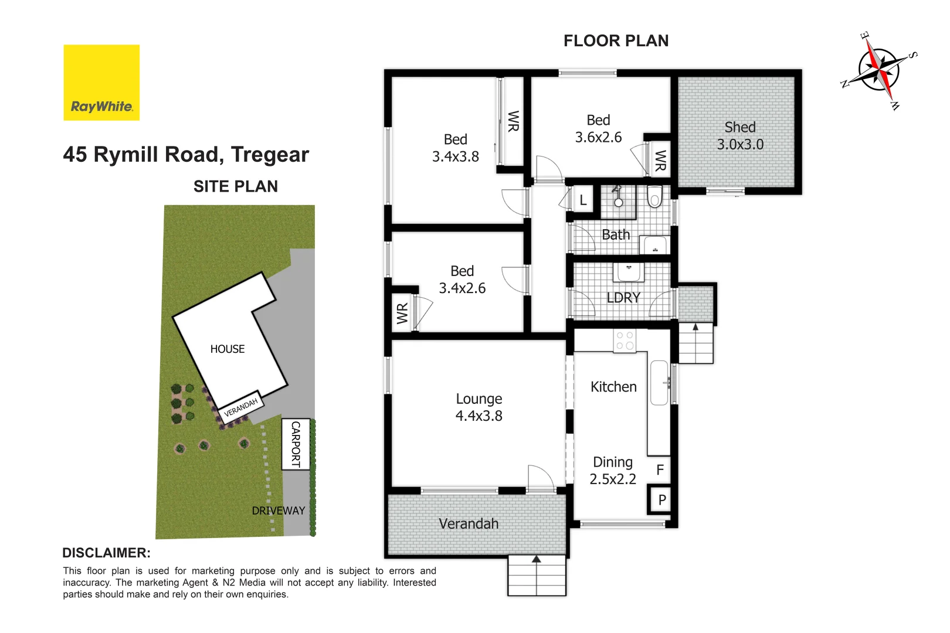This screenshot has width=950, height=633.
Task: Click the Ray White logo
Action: pos(101,83)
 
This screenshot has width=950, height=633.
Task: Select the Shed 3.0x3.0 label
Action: pos(740,136)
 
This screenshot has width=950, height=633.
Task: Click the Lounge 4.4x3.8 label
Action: pos(479,407)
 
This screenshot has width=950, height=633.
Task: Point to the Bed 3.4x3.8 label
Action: pos(455,148)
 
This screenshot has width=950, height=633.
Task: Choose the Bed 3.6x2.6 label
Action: pos(598,128)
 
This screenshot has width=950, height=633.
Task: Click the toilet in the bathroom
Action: pos(654,197)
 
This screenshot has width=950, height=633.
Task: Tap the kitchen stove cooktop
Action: pos(625,341)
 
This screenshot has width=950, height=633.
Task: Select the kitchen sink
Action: pos(660,383)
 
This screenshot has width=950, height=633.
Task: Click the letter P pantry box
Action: pos(661,500)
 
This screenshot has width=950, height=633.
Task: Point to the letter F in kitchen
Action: pos(660,469)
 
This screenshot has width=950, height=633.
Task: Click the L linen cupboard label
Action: pos(583,200)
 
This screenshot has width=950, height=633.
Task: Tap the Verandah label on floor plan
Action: pos(469,524)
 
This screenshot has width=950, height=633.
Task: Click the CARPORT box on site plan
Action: pos(296,444)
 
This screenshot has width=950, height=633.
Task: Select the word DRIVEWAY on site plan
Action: pos(278,511)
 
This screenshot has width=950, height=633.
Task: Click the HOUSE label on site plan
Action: pos(228,349)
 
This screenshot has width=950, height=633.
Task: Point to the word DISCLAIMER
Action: pos(106,553)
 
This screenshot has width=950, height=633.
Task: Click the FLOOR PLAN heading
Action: pos(616,40)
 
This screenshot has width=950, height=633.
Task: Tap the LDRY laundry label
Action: pos(623,298)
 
